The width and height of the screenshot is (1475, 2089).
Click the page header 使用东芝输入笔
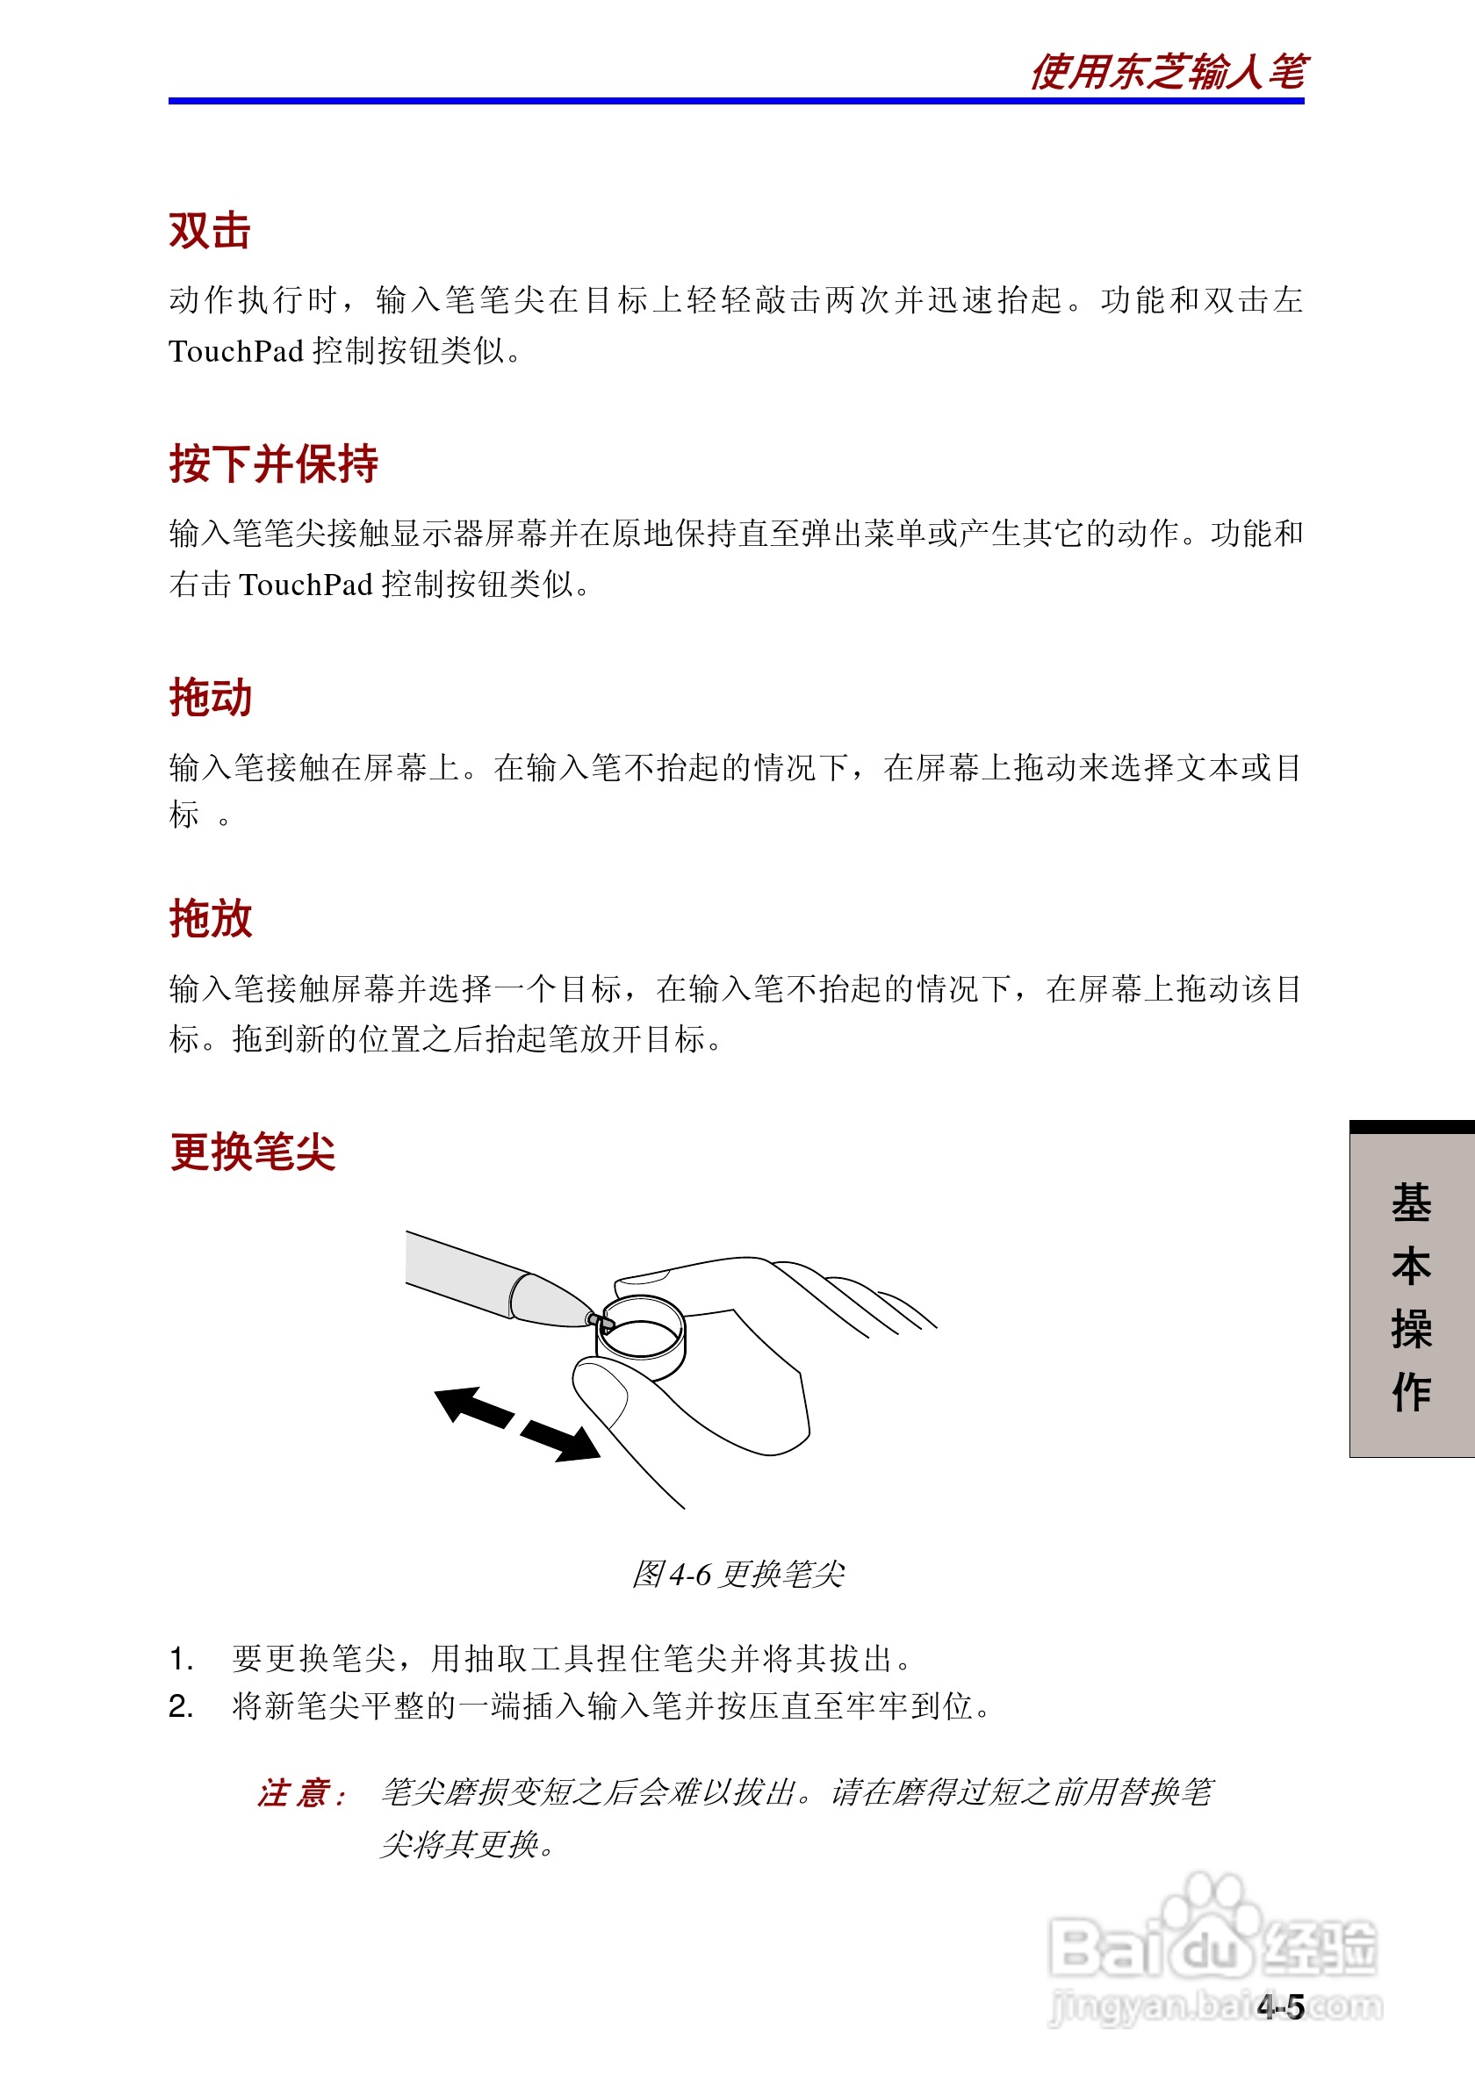[x=1169, y=72]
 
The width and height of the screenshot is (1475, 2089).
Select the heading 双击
[x=209, y=230]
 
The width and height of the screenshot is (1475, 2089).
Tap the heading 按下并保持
[x=273, y=464]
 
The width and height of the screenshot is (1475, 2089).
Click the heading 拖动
[x=210, y=698]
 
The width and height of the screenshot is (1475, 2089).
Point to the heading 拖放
[x=210, y=918]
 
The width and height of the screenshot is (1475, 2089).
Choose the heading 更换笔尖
[x=252, y=1152]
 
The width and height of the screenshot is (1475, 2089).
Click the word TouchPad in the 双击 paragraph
[x=235, y=351]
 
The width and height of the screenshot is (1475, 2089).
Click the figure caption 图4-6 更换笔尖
[x=738, y=1573]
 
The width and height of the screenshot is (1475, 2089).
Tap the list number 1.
[x=181, y=1660]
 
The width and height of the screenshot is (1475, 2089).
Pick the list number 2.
[x=181, y=1707]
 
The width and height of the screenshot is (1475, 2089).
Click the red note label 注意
[x=301, y=1793]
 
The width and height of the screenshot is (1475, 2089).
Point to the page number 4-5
[x=1280, y=2006]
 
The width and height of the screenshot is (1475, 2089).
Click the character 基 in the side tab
[x=1411, y=1202]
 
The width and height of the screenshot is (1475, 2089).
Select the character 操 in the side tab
[x=1411, y=1329]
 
